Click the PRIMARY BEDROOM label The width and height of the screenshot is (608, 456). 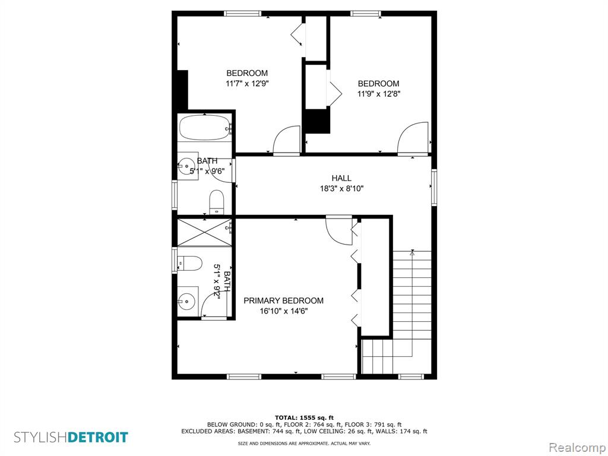coord(283,300)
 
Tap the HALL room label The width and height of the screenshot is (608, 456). coord(341,178)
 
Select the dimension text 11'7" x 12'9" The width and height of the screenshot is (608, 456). coord(247,83)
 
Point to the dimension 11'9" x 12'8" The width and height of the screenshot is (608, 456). coord(378,93)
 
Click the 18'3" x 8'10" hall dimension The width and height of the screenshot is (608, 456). coord(341,189)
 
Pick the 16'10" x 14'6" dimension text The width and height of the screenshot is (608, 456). coord(284,311)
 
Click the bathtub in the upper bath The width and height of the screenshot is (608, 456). coord(205,128)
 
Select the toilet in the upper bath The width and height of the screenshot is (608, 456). coord(217,202)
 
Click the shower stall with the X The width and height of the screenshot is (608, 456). coord(204,232)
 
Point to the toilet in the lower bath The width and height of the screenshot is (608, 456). coord(190,264)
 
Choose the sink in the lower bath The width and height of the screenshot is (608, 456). coord(188,300)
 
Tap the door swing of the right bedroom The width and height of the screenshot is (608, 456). coord(412,138)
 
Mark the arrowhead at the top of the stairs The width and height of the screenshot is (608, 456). coord(412,253)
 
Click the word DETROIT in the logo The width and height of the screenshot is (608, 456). coord(98,438)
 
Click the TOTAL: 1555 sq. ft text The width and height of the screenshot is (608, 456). coord(304,417)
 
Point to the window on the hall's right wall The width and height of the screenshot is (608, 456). coord(434,187)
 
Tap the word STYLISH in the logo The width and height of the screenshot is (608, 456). coord(41,438)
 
